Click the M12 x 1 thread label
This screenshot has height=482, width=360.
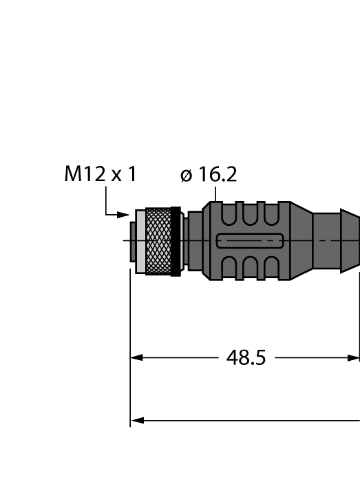coord(100,175)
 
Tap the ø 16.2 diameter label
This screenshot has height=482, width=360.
coord(209,175)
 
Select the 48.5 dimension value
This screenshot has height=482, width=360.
coord(246,358)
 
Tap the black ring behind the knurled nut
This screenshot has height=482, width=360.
coord(176,241)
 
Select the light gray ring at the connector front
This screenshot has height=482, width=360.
coord(140,241)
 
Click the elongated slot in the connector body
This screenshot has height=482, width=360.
coord(248,241)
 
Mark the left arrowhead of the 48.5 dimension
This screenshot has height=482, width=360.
coord(136,358)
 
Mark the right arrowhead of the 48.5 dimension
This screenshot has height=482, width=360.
coord(354,358)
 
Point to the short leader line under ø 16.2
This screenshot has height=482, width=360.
coord(215,195)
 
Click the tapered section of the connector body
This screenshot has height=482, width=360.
coord(299,240)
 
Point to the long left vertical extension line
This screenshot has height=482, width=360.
coord(130,344)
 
